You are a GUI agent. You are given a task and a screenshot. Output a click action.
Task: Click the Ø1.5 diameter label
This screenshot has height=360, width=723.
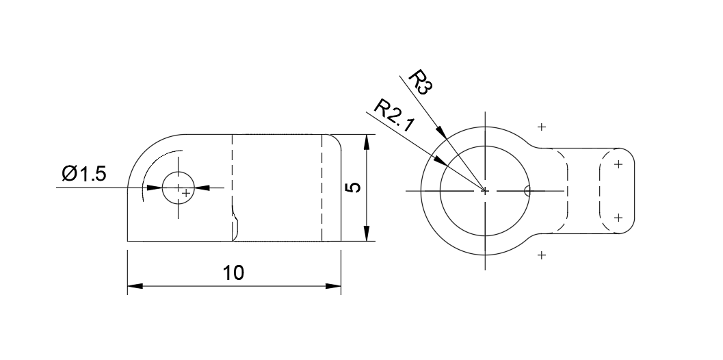[x=83, y=175]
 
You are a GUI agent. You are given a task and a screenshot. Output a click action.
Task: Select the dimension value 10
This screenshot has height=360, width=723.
[x=233, y=272]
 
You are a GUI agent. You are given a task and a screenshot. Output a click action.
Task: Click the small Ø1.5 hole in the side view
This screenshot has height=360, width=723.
[x=178, y=188]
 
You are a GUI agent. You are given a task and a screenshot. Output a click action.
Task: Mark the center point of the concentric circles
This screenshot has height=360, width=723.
[x=485, y=191]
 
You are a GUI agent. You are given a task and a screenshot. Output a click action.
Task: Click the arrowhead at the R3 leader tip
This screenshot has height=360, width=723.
[x=442, y=133]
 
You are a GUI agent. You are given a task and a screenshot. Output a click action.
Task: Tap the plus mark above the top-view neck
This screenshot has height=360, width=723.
[x=542, y=127]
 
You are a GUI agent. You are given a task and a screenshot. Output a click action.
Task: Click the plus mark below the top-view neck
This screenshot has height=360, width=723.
[x=542, y=255]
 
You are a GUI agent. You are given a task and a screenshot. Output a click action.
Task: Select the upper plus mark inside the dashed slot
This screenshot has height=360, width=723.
[x=618, y=164]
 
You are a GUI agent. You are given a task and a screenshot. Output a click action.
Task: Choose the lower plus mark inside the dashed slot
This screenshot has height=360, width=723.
[x=618, y=218]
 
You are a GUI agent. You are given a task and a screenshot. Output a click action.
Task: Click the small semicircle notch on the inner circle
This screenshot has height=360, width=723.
[x=527, y=191]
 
